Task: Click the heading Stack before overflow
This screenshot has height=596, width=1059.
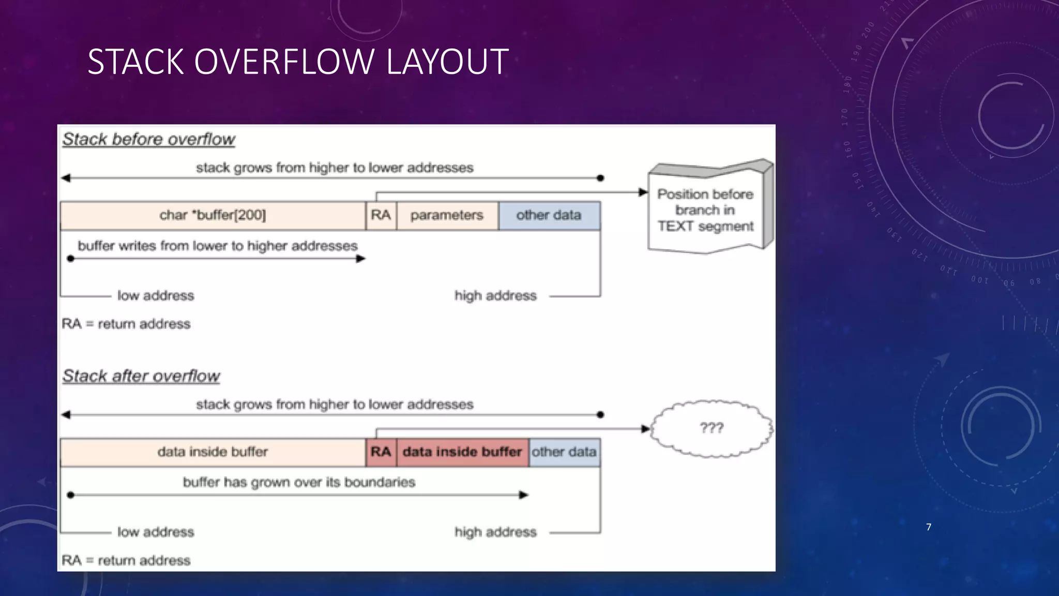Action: tap(148, 139)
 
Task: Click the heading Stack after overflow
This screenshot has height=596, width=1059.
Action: tap(141, 376)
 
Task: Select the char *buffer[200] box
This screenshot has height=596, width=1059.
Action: tap(213, 215)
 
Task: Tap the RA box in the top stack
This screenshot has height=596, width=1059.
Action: tap(381, 215)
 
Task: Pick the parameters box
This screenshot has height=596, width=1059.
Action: tap(447, 215)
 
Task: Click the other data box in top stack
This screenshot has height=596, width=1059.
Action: tap(549, 215)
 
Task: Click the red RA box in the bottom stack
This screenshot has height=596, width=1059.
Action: tap(381, 452)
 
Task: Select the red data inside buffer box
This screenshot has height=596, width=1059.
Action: tap(462, 452)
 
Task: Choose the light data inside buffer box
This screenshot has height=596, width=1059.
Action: tap(213, 452)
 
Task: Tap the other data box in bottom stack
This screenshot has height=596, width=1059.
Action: tap(564, 452)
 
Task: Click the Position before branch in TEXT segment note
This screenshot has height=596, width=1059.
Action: tap(705, 211)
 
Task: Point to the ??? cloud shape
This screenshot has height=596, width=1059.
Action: tap(712, 428)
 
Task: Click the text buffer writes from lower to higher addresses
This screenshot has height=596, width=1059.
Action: tap(217, 246)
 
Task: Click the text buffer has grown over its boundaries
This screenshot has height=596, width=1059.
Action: tap(299, 483)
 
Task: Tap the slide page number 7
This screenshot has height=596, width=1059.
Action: tap(929, 527)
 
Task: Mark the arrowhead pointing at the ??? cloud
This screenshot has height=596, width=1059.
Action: tap(645, 429)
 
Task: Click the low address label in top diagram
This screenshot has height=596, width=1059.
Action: tap(155, 296)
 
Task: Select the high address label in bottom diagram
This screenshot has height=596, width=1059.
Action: tap(495, 532)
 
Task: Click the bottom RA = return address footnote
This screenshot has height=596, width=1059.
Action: tap(126, 560)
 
